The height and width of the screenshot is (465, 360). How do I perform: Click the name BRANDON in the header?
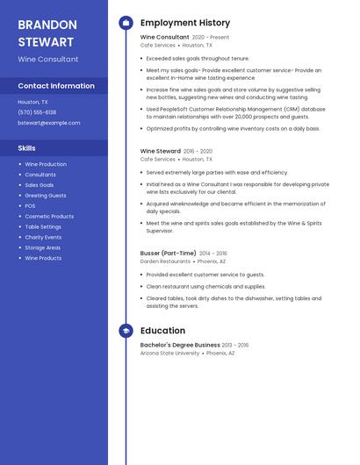click(46, 25)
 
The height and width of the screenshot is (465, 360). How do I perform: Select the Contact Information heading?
click(56, 86)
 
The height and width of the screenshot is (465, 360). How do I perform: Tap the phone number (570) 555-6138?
click(37, 112)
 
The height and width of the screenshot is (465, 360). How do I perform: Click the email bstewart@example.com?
click(49, 123)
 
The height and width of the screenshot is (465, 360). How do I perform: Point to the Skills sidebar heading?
click(26, 148)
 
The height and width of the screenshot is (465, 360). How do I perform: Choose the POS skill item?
click(30, 205)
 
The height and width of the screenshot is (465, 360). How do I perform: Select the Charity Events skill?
click(43, 237)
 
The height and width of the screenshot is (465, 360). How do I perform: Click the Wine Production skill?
click(46, 164)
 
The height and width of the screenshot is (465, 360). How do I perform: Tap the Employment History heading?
click(185, 23)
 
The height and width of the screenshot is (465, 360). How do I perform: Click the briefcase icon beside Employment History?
click(126, 23)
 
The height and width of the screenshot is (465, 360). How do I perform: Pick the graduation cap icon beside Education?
click(126, 331)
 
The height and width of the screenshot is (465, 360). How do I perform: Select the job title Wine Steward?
click(160, 151)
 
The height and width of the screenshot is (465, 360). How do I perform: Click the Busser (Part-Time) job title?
click(168, 253)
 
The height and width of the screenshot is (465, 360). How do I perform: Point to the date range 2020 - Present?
click(211, 38)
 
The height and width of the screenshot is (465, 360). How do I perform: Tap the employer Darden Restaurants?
click(165, 261)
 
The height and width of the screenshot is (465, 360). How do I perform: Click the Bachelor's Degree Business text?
click(180, 345)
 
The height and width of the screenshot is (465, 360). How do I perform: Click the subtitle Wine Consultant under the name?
click(48, 60)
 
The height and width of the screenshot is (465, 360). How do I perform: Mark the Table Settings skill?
click(43, 226)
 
